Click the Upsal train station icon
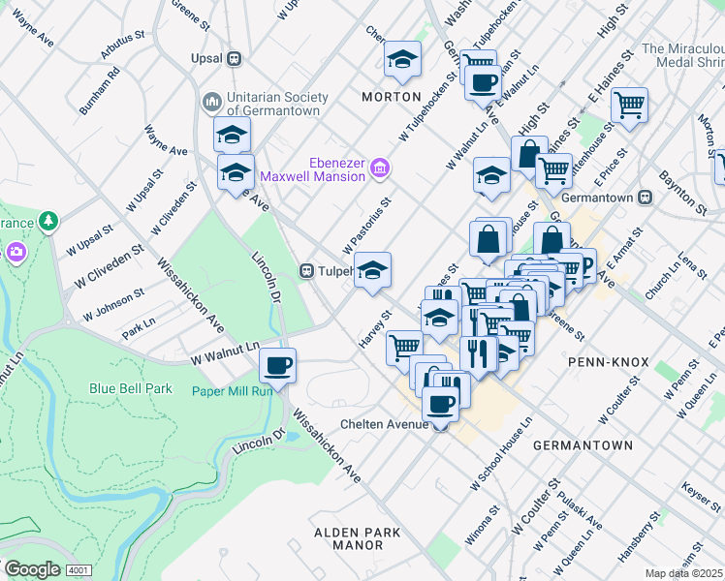[x=234, y=59]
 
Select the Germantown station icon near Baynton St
[x=645, y=198]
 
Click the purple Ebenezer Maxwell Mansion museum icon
[x=379, y=169]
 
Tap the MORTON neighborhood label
[x=392, y=97]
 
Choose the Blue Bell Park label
[x=130, y=388]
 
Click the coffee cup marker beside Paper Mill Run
[x=277, y=366]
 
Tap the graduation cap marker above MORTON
[x=402, y=60]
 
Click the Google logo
[x=32, y=568]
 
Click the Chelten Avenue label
[x=385, y=424]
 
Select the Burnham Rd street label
[x=99, y=91]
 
